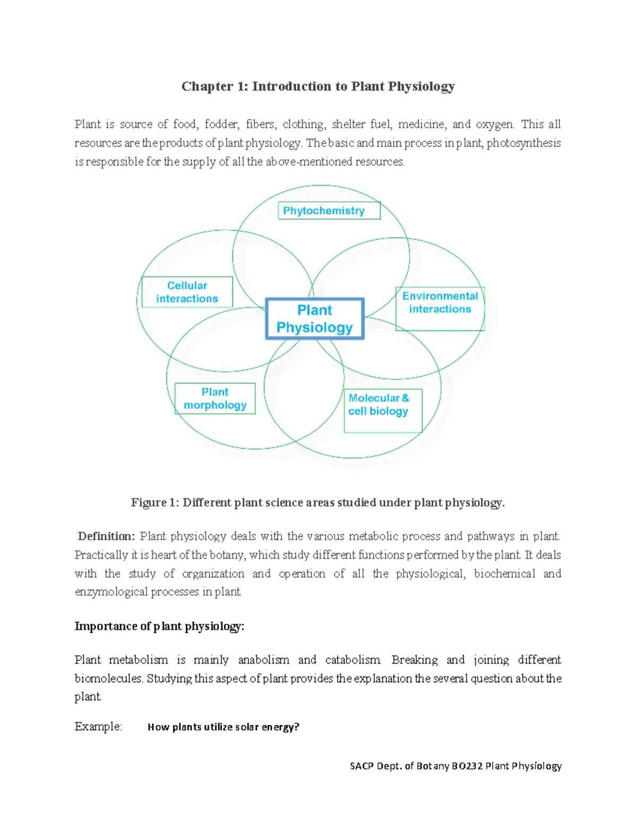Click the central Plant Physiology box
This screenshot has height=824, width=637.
(315, 318)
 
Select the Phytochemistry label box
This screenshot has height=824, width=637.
(329, 211)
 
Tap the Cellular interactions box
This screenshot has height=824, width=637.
(187, 292)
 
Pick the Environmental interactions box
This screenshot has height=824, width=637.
(440, 309)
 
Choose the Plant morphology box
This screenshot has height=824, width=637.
(215, 398)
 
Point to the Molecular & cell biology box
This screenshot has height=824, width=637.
(383, 411)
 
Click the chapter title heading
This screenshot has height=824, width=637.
(318, 86)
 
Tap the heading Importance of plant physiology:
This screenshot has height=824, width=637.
(159, 626)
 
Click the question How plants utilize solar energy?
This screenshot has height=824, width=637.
(223, 727)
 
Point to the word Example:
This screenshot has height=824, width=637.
(98, 726)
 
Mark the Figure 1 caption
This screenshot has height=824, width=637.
(317, 502)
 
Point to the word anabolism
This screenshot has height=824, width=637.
(263, 660)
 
